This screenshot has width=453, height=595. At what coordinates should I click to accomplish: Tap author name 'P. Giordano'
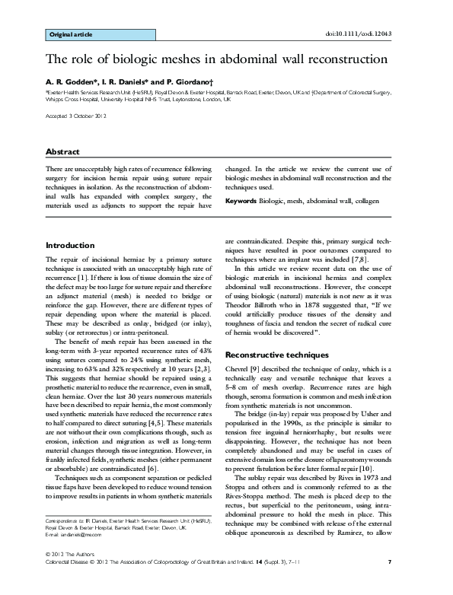pyautogui.click(x=174, y=79)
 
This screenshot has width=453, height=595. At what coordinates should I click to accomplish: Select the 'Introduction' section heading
pyautogui.click(x=70, y=246)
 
